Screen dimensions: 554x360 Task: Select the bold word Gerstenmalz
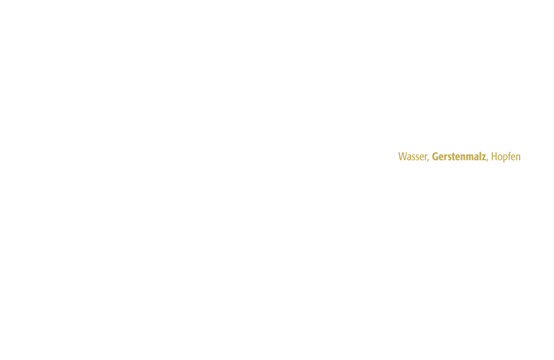(x=459, y=157)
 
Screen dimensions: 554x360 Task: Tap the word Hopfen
(x=506, y=157)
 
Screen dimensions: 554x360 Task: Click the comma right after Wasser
(x=428, y=160)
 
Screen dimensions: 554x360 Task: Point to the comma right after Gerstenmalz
(x=487, y=160)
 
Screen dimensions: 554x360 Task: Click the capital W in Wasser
(x=403, y=157)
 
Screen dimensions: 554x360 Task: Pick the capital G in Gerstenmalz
(x=435, y=157)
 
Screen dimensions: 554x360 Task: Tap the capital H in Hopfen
(x=494, y=157)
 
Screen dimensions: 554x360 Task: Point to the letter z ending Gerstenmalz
(x=484, y=157)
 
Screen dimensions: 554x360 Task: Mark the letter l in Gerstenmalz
(x=480, y=157)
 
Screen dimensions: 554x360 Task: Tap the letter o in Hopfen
(x=500, y=158)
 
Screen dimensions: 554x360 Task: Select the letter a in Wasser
(x=410, y=158)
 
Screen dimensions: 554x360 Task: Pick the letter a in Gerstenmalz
(x=476, y=158)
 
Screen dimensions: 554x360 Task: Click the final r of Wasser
(x=425, y=157)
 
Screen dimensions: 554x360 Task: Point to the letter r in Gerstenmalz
(x=445, y=157)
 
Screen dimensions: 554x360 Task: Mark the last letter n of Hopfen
(x=519, y=157)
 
